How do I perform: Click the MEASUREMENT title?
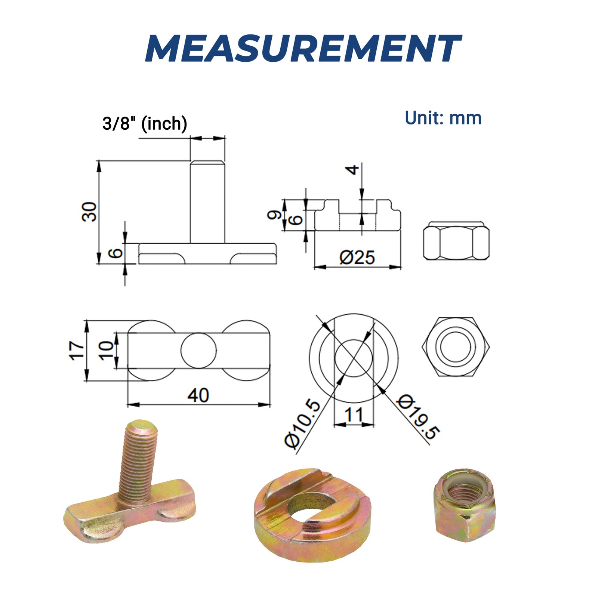tap(303, 49)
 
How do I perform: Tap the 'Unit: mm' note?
tap(443, 118)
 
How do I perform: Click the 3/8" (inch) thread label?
tap(145, 124)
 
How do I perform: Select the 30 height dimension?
tap(89, 212)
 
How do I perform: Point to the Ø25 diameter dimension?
tap(357, 258)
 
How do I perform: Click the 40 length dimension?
tap(198, 395)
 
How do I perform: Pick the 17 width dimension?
tap(77, 350)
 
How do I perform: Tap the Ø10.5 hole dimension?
tap(303, 424)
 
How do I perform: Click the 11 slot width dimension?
tap(354, 414)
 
